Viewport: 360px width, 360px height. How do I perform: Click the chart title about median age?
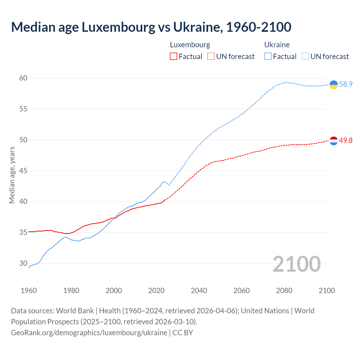point(151,27)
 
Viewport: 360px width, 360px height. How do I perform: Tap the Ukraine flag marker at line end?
point(334,84)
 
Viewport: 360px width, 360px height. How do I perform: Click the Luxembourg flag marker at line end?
point(334,141)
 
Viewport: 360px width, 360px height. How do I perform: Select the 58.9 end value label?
point(346,84)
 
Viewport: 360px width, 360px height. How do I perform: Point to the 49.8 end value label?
point(346,140)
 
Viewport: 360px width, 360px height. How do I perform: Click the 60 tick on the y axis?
point(23,78)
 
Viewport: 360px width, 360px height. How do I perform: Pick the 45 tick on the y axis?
point(23,171)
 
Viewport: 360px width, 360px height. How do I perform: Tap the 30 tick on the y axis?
point(23,264)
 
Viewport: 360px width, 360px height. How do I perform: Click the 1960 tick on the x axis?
point(29,291)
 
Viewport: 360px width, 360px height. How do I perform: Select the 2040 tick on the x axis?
point(199,291)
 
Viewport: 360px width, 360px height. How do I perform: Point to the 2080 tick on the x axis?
point(284,291)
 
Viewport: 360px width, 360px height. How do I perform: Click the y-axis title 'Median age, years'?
point(12,175)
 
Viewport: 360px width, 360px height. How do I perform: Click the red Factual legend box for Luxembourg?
point(174,57)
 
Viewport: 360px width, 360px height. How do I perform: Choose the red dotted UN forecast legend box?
point(211,57)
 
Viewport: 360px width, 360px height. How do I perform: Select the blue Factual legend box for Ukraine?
point(268,57)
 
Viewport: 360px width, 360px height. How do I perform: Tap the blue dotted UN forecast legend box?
point(305,57)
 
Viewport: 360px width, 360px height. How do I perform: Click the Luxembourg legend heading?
point(190,45)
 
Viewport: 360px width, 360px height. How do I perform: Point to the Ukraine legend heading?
point(277,45)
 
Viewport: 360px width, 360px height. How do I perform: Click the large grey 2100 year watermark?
point(296,264)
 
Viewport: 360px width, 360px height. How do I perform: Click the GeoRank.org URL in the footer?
point(89,333)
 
